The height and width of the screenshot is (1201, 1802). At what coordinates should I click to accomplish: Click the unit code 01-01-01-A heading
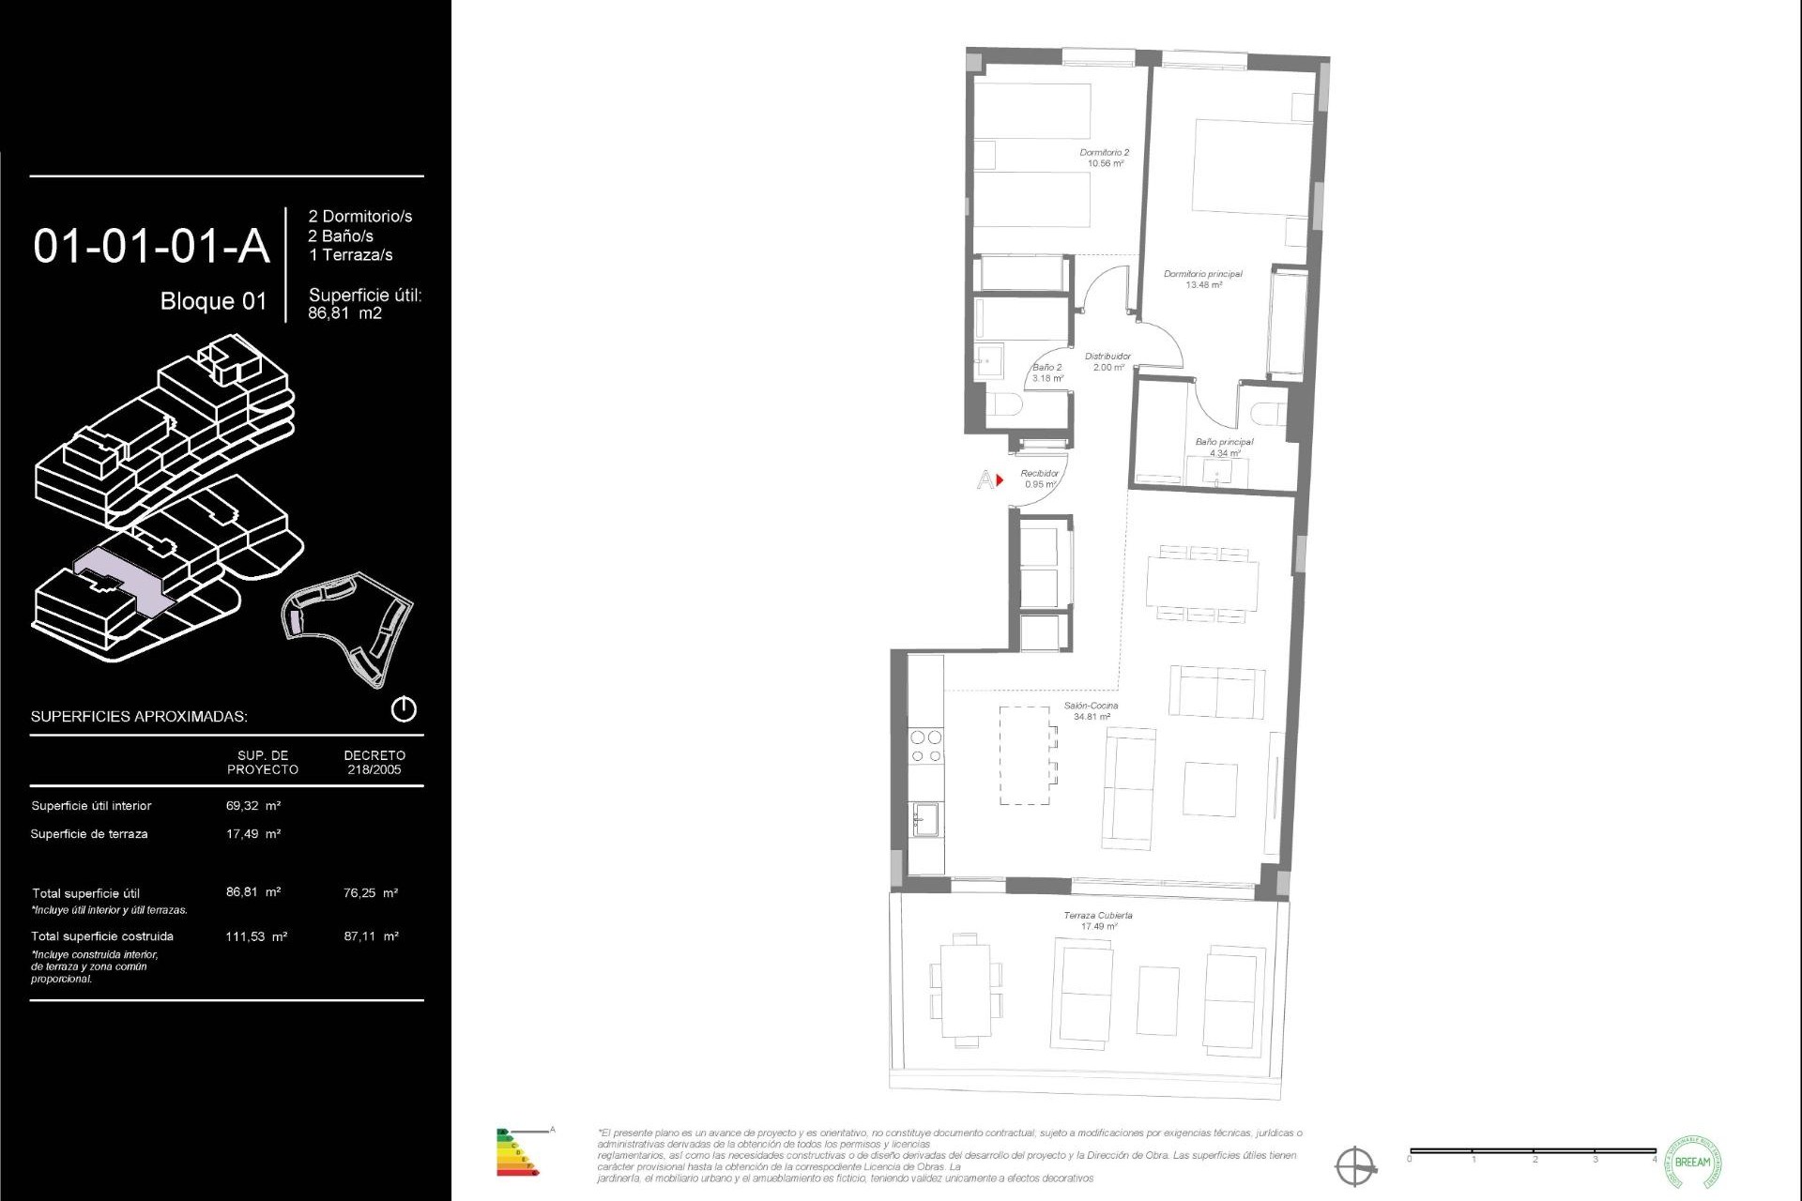151,247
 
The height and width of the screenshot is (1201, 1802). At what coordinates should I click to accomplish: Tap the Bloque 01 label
213,301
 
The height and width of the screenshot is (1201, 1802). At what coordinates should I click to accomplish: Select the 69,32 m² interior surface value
252,806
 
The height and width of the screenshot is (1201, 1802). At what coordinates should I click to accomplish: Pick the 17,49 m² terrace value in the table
252,834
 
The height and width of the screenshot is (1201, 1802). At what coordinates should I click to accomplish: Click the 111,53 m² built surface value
255,936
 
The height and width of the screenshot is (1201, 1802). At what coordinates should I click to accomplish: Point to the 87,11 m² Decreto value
371,936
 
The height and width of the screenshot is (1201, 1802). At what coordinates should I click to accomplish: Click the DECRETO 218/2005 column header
374,762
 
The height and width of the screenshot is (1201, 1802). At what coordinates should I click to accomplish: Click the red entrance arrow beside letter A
1000,480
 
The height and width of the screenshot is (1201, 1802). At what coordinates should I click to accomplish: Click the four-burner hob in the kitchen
925,747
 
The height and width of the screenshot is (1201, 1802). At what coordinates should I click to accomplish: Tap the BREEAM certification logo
1692,1163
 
